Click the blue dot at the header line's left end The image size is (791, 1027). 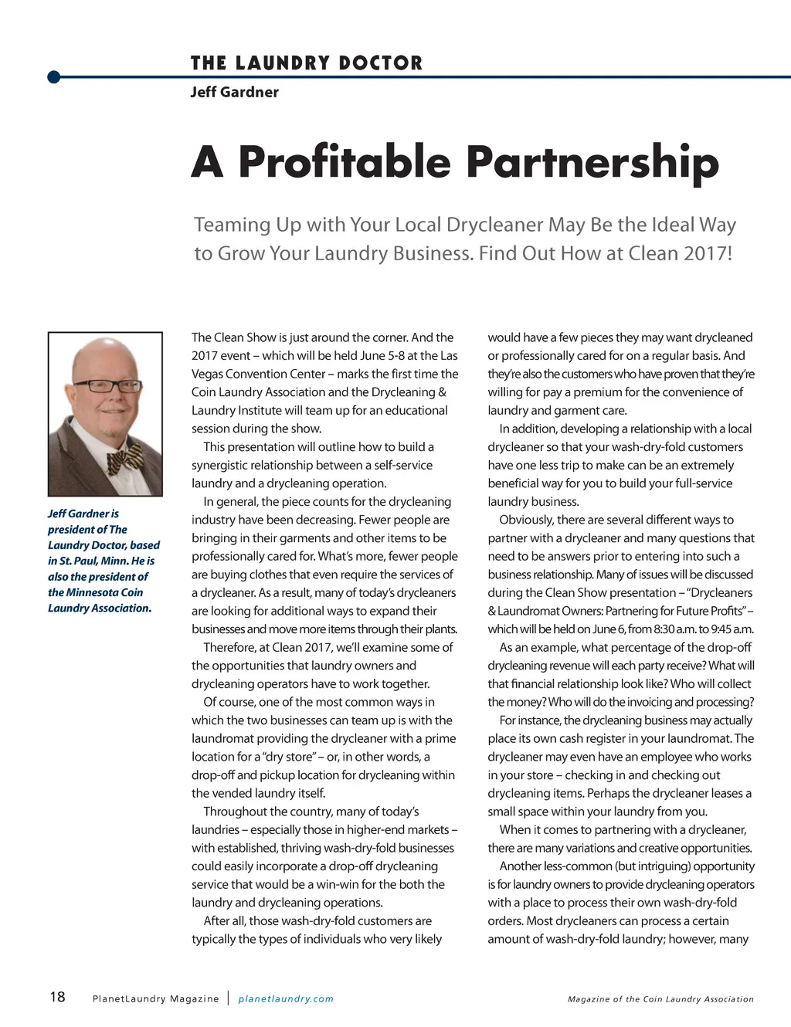[x=53, y=76]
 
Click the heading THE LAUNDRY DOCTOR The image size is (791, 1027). [x=307, y=63]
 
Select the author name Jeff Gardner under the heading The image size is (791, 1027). [x=234, y=92]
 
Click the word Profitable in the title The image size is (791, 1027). [x=344, y=162]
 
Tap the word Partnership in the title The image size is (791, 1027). [x=592, y=162]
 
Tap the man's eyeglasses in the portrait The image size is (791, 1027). [x=107, y=385]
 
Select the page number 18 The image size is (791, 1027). [x=58, y=997]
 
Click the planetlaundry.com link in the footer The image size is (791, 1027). [x=286, y=998]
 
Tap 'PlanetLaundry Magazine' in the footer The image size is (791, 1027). [x=155, y=998]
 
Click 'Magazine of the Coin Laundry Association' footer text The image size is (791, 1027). [x=660, y=998]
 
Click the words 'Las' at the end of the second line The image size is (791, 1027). [x=448, y=356]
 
